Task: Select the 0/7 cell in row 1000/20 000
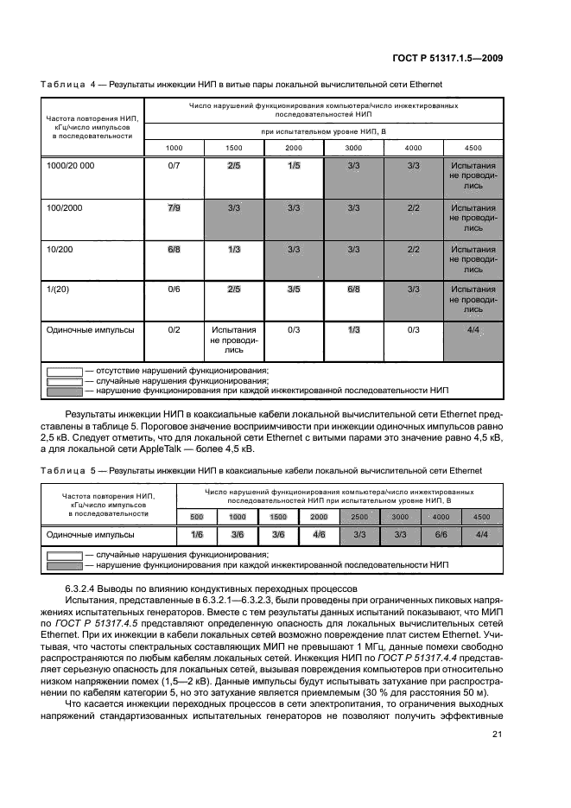(x=174, y=164)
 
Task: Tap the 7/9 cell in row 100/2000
(x=174, y=208)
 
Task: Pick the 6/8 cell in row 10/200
(x=174, y=249)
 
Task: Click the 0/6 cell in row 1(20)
(x=174, y=289)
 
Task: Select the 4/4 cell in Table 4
(x=473, y=329)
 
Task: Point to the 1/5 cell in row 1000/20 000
(x=294, y=164)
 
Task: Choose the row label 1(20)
(x=57, y=289)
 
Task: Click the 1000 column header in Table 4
(x=174, y=147)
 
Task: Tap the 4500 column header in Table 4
(x=473, y=147)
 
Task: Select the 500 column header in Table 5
(x=197, y=516)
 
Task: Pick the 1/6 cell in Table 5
(x=197, y=535)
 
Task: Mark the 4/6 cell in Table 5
(x=320, y=535)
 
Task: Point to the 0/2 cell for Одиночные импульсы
(x=174, y=329)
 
